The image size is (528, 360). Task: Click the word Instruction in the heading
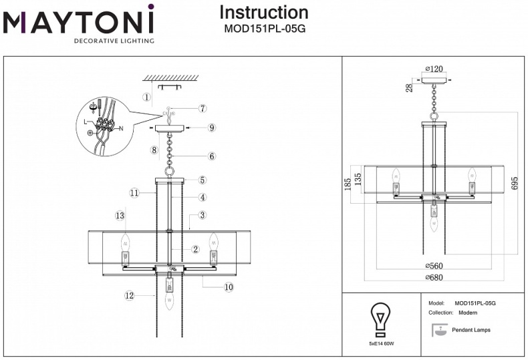[x=264, y=12]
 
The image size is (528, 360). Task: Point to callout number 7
[x=203, y=108]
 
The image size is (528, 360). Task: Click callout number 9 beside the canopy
[x=211, y=127]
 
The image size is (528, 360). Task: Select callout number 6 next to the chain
[x=211, y=156]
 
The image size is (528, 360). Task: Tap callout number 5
[x=203, y=180]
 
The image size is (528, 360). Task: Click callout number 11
[x=134, y=192]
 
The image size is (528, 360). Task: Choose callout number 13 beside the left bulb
[x=120, y=216]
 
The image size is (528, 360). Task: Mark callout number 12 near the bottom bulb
[x=128, y=295]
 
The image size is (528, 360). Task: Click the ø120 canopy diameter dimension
[x=434, y=69]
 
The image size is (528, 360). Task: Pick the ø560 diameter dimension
[x=435, y=266]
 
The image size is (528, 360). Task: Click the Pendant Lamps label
[x=473, y=330]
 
